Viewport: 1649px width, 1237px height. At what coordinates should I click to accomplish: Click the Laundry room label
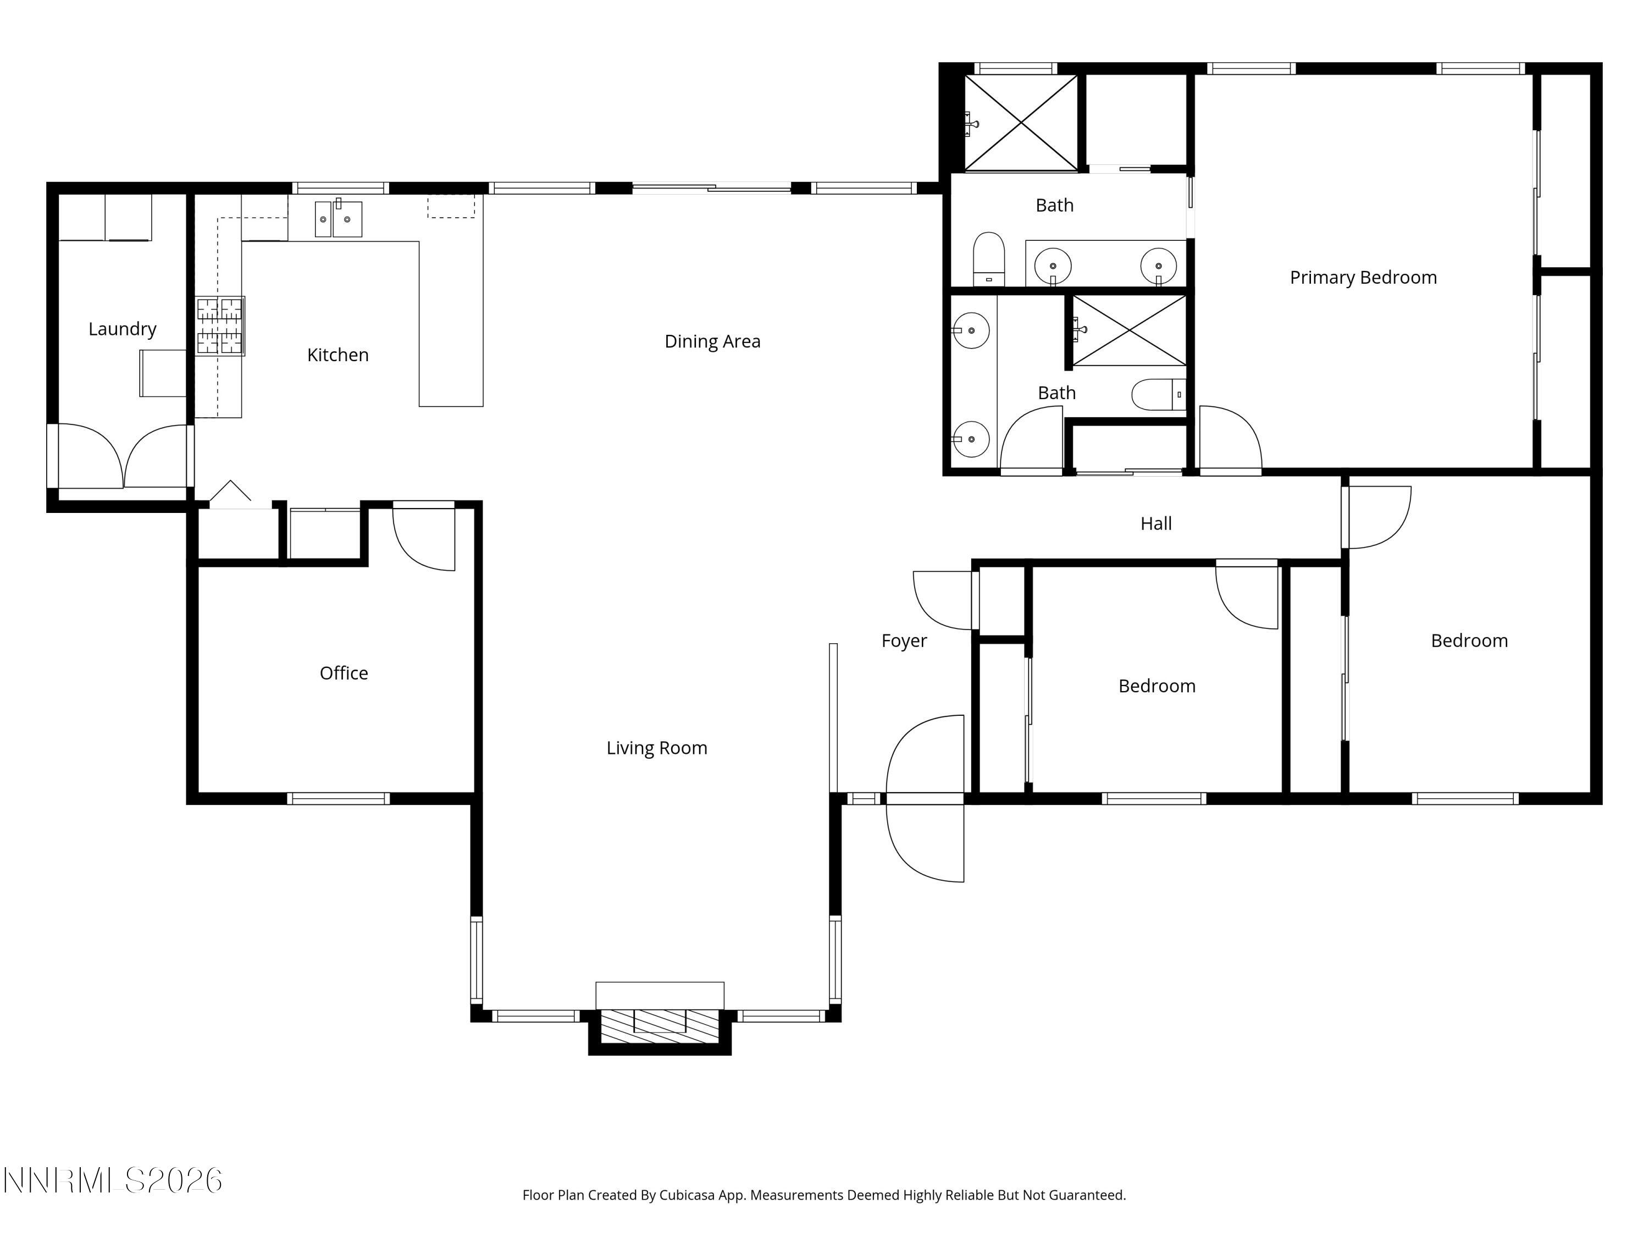coord(122,329)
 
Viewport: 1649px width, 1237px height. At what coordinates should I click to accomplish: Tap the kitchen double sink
coord(339,219)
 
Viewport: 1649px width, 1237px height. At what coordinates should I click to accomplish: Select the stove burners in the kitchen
coord(220,327)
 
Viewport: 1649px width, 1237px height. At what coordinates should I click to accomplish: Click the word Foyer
coord(904,640)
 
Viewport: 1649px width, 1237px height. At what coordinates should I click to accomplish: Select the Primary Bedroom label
coord(1363,278)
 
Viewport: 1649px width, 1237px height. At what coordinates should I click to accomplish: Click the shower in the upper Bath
coord(1021,123)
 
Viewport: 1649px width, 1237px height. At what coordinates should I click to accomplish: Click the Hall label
coord(1155,523)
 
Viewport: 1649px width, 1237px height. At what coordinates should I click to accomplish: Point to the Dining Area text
coord(712,341)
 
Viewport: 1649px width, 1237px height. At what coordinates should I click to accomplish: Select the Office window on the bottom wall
coord(339,799)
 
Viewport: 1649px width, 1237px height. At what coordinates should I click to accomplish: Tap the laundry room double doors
coord(122,456)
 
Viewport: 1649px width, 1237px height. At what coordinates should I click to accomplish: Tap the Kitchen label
coord(337,355)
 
